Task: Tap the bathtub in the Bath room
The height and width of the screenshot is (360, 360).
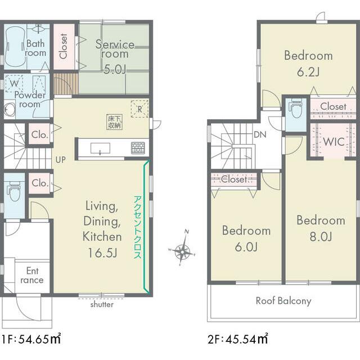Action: click(x=15, y=47)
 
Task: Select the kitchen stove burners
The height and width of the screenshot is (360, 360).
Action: click(x=138, y=148)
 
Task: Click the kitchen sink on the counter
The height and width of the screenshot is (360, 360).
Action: click(x=100, y=148)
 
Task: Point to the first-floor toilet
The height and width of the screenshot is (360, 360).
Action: click(x=14, y=191)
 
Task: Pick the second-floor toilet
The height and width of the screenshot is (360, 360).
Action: click(x=296, y=108)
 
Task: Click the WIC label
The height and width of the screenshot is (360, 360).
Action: click(x=334, y=142)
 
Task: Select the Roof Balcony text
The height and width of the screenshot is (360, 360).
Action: click(x=283, y=301)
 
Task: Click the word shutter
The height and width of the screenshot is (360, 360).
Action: click(x=102, y=305)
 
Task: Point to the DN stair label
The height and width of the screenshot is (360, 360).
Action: click(x=260, y=134)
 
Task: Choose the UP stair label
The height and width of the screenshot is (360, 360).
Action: click(x=60, y=160)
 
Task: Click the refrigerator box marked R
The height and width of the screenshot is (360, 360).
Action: click(x=139, y=109)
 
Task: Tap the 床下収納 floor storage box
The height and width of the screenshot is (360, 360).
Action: click(x=114, y=122)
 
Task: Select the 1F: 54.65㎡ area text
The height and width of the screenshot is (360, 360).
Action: click(x=31, y=339)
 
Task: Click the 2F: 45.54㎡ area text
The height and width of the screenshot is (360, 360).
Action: click(x=237, y=339)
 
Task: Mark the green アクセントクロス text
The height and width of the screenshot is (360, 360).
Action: click(x=138, y=227)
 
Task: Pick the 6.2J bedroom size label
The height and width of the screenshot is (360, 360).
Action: click(x=308, y=72)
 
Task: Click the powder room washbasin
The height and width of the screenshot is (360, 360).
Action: click(x=10, y=110)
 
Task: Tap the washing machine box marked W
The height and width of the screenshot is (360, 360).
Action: click(x=13, y=84)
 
